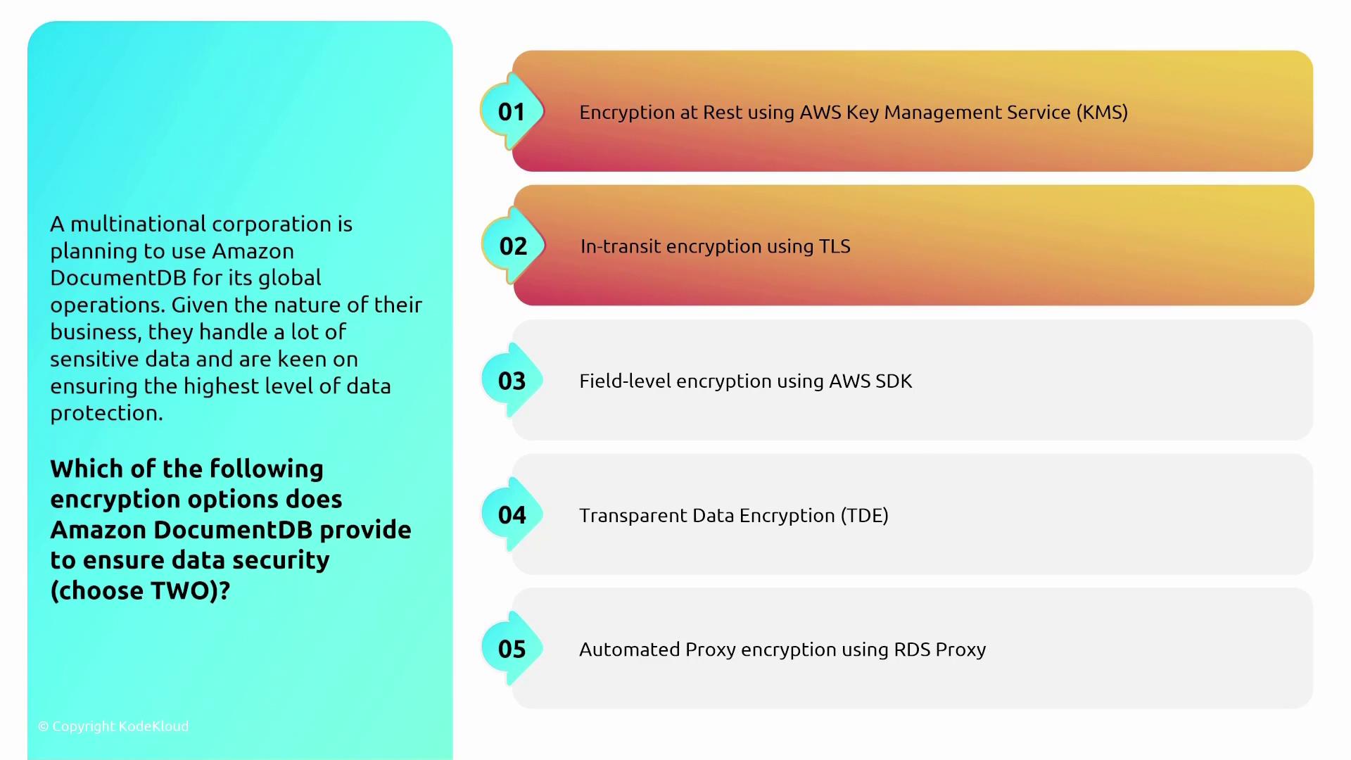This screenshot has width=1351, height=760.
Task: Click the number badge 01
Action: point(512,111)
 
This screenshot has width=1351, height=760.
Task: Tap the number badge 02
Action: point(513,246)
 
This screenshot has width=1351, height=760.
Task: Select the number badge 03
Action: point(512,380)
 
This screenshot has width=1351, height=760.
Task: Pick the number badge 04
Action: point(512,514)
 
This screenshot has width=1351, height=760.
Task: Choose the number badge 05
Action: point(512,649)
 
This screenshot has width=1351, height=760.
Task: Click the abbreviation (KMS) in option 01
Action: point(1102,113)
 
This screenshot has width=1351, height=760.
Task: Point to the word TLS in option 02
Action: point(835,246)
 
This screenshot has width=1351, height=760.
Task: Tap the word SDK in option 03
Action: point(894,381)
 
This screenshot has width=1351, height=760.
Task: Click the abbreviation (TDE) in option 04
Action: point(865,516)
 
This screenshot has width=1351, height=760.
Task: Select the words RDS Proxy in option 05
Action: point(940,650)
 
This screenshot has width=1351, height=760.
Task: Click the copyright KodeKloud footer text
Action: point(113,726)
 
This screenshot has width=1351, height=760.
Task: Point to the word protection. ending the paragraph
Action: point(106,413)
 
